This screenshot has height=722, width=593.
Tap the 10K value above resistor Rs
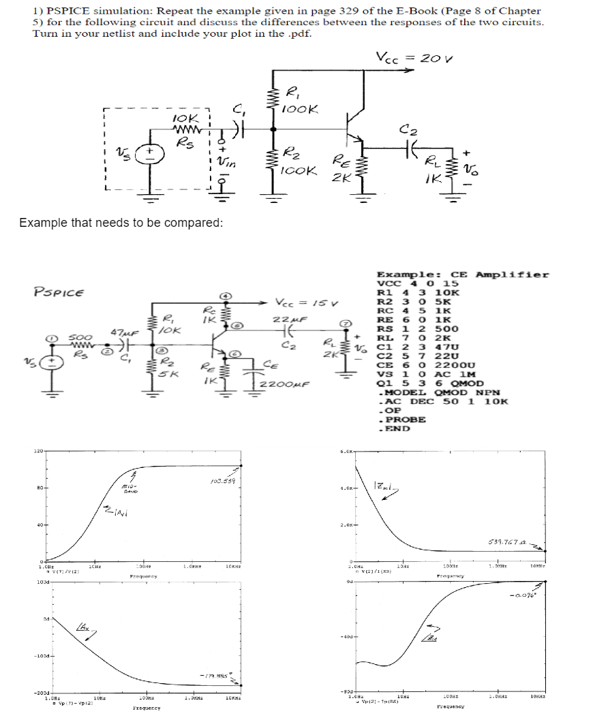click(183, 117)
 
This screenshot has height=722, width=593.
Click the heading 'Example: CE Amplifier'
click(463, 274)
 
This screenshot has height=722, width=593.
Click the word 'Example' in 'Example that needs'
click(44, 223)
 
